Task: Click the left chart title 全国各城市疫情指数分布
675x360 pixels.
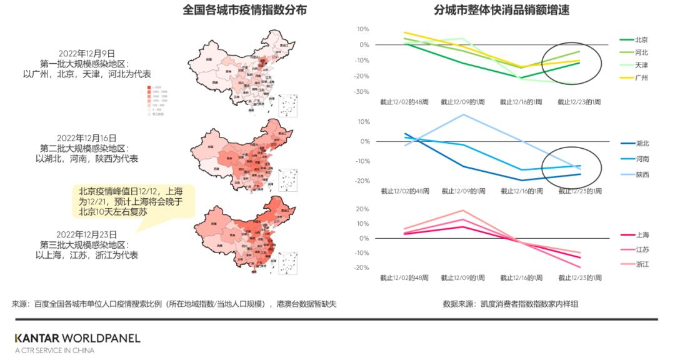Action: pos(244,11)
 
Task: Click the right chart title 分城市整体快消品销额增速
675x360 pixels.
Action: pos(501,11)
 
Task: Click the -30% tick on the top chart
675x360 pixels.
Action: pos(361,92)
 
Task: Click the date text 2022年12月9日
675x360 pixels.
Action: pos(87,54)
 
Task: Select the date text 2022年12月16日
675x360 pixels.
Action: pos(87,138)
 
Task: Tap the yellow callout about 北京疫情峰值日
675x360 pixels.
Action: pos(132,201)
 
